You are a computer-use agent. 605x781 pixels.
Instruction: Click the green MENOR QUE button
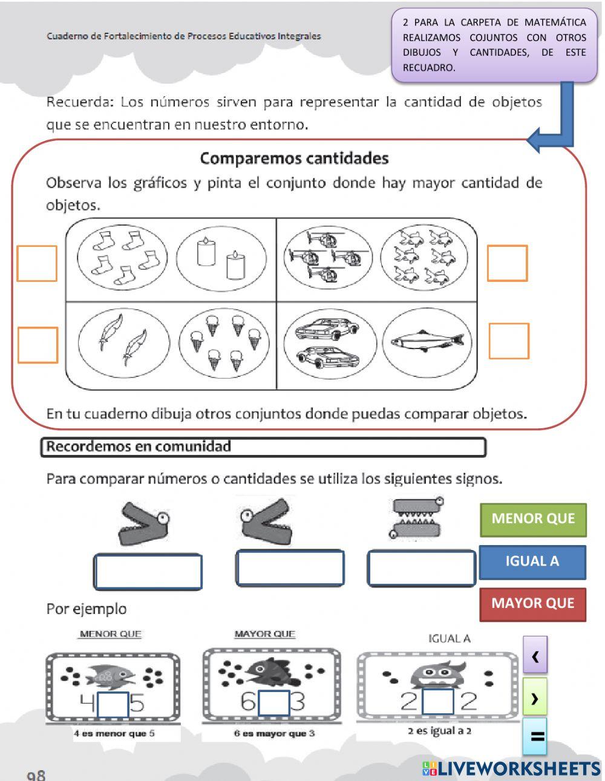[533, 519]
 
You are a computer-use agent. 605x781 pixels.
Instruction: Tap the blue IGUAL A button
[532, 561]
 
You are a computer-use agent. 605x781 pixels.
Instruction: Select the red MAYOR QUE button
[532, 604]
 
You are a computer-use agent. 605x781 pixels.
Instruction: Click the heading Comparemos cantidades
[294, 158]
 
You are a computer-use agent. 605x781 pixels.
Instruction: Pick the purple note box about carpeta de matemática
[494, 45]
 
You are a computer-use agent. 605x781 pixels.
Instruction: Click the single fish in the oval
[427, 342]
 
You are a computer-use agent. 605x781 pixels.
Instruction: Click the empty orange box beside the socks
[37, 263]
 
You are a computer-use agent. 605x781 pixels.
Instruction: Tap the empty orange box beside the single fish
[508, 341]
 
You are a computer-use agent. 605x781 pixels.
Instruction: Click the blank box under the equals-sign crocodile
[422, 569]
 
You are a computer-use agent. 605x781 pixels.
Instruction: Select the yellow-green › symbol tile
[535, 698]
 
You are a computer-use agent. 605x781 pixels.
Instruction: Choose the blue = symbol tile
[535, 736]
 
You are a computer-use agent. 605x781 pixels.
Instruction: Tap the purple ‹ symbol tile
[535, 655]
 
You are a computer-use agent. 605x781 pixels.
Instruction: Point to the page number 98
[36, 774]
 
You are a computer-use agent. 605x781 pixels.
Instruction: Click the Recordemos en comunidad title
[139, 447]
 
